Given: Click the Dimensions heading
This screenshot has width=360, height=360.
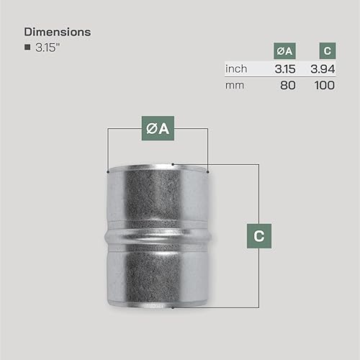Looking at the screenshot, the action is coord(58,32).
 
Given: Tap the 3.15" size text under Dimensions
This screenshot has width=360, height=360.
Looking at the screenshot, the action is coord(48,48).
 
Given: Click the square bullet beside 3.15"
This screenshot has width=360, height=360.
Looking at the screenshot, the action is coord(27,47).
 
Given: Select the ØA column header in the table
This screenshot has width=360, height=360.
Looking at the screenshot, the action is coord(284,51).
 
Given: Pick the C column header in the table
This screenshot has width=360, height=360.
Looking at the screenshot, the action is coord(328,50).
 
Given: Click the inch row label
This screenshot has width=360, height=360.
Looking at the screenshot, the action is coord(236,69).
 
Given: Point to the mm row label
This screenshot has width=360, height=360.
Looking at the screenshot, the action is coord(235,86).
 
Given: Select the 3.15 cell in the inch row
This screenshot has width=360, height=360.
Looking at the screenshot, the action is coord(285,69).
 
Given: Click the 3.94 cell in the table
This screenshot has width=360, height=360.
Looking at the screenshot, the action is coord(323,69).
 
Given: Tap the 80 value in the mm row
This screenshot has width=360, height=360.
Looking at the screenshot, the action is coord(288,86).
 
